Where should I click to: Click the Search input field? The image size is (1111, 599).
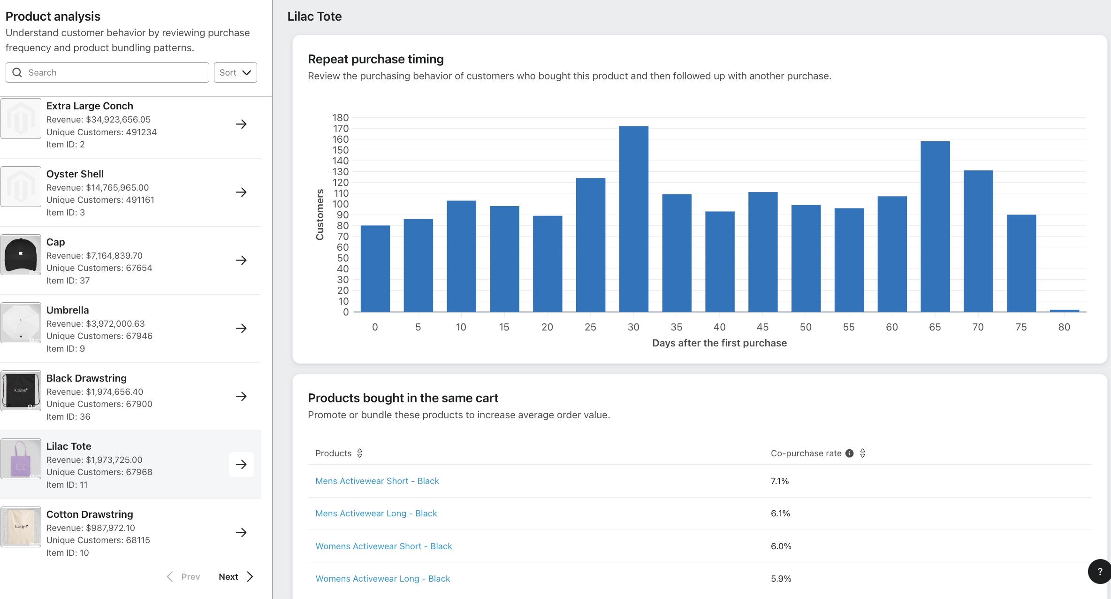point(113,72)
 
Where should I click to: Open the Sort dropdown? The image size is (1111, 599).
point(235,72)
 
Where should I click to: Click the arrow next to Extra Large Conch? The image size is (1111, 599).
point(241,124)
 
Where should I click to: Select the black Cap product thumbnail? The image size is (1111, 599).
point(21,255)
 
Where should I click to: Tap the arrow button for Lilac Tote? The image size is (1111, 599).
point(241,464)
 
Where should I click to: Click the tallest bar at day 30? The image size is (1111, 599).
point(633,219)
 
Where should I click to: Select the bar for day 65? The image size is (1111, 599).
point(935,226)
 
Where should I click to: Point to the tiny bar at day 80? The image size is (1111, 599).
point(1064,310)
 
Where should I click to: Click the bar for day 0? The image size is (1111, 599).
point(375,269)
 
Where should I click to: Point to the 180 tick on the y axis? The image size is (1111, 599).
point(341,118)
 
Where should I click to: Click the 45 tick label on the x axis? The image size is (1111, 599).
point(762,327)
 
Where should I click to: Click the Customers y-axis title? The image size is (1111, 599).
point(320,215)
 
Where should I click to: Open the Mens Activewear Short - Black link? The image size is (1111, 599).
point(377,481)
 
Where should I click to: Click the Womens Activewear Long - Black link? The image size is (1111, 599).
point(382,578)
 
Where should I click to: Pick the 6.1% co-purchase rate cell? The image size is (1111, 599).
point(780,514)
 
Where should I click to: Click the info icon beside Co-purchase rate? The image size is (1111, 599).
point(849,453)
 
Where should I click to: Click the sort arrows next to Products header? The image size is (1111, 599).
point(360,453)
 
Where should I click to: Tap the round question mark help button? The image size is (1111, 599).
point(1099,571)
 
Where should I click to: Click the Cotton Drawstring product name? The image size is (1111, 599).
point(90,514)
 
